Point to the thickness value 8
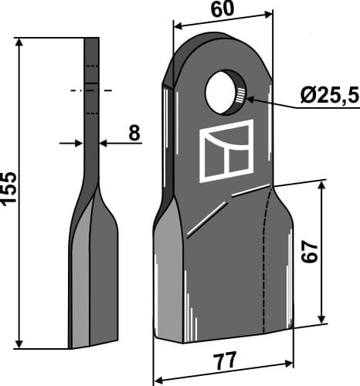point(134,134)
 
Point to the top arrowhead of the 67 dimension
point(320,186)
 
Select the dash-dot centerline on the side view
point(91,91)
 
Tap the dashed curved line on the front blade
point(263,255)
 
